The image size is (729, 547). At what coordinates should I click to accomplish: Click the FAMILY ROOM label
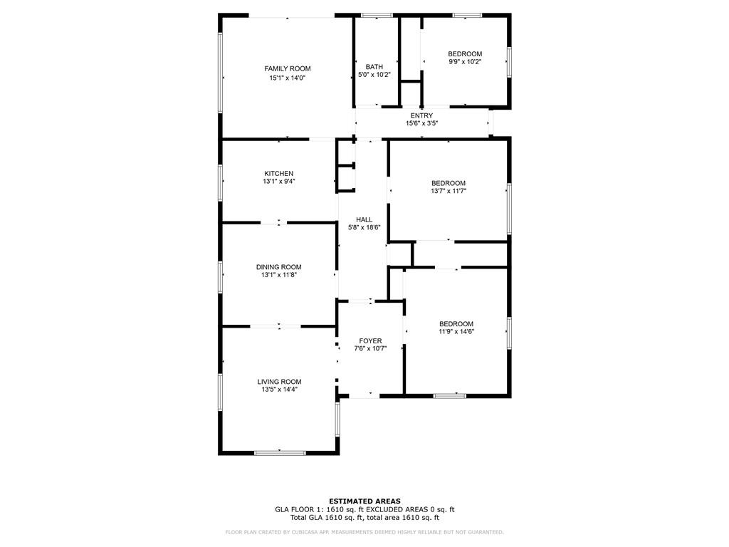(x=288, y=68)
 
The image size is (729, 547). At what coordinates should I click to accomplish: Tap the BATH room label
(x=374, y=67)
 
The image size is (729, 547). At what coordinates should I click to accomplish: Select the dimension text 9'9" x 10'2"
(x=465, y=62)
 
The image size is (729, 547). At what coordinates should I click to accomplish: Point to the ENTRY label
(x=421, y=115)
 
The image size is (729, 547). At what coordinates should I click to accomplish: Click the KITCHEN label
(x=278, y=174)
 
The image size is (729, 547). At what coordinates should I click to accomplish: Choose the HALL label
(x=364, y=219)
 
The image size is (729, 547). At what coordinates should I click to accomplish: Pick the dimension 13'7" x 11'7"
(x=449, y=191)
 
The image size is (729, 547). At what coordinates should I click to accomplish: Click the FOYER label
(x=370, y=341)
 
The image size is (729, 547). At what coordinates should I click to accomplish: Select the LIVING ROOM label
(x=279, y=382)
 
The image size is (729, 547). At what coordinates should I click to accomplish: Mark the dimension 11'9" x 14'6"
(x=456, y=331)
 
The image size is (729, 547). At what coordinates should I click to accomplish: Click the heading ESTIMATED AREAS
(x=364, y=501)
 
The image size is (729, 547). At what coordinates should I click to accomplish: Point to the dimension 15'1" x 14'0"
(x=287, y=78)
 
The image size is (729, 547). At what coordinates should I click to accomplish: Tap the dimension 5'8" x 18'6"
(x=364, y=228)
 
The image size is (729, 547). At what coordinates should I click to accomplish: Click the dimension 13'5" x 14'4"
(x=279, y=390)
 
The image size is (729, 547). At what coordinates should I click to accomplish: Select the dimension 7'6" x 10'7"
(x=370, y=349)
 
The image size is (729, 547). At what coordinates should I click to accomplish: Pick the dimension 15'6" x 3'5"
(x=421, y=123)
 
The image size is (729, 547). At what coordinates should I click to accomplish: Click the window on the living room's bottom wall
(x=280, y=452)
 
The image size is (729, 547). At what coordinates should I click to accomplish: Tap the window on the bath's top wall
(x=377, y=15)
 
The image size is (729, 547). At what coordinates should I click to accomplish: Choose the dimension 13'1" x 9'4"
(x=278, y=182)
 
